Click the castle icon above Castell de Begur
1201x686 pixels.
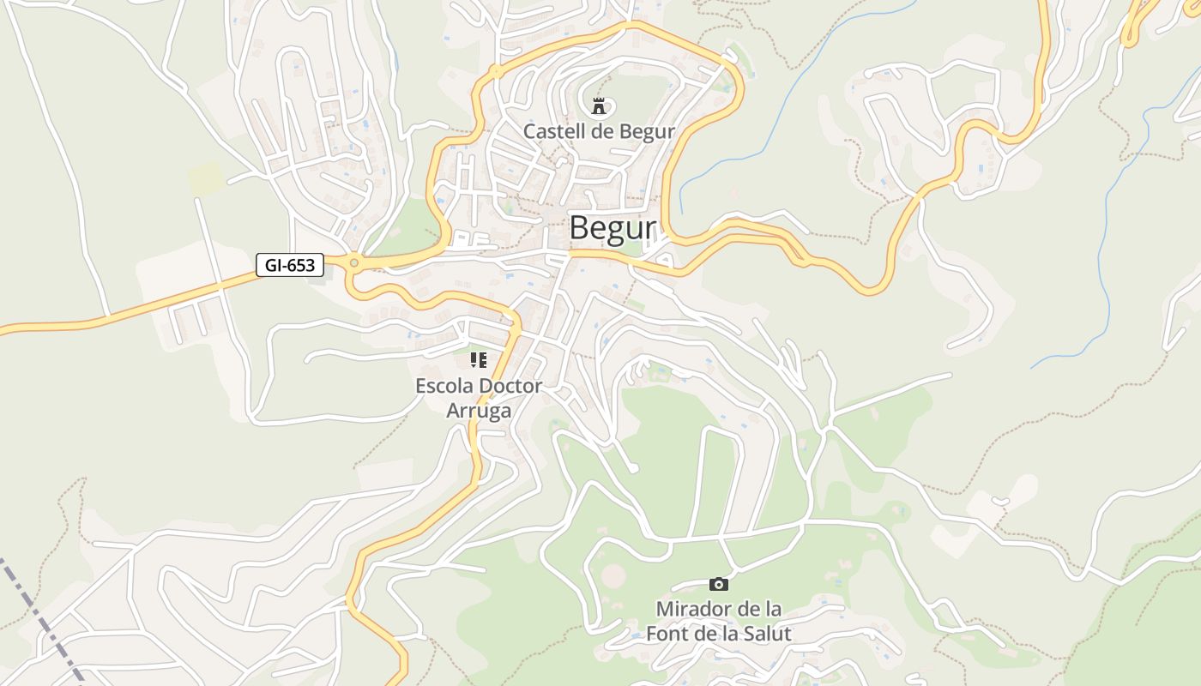[x=599, y=106]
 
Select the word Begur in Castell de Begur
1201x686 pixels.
[x=649, y=132]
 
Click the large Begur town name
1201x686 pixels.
[x=612, y=228]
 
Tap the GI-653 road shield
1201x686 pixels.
[x=290, y=265]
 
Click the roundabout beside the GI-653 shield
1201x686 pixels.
[x=353, y=263]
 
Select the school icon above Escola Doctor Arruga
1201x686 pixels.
[x=479, y=360]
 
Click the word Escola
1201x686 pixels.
[x=444, y=386]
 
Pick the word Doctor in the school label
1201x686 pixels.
[x=510, y=386]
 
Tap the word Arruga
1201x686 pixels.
[x=479, y=410]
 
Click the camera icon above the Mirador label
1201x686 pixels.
[x=719, y=584]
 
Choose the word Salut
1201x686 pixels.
[x=766, y=634]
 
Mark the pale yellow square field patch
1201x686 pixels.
[x=206, y=178]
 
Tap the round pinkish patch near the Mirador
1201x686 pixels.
[x=613, y=576]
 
